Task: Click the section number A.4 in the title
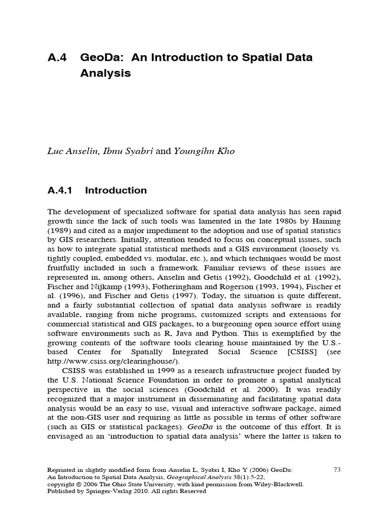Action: pos(57,57)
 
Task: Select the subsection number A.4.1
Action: pos(60,191)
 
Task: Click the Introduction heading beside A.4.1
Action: pos(116,191)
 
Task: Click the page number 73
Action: pos(337,470)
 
